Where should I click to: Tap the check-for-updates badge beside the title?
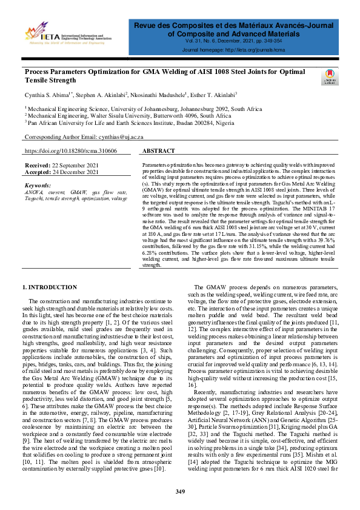[328, 79]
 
